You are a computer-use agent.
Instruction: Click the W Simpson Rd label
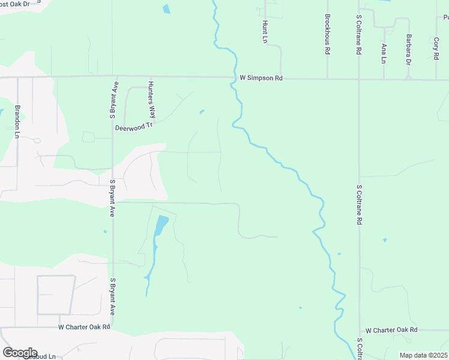coord(261,78)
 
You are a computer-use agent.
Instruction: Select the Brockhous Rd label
coord(327,35)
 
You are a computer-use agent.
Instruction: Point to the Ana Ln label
coord(384,53)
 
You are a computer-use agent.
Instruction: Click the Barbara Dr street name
coord(409,49)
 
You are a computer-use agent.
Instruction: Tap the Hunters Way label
coord(152,100)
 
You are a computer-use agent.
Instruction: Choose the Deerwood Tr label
coord(135,127)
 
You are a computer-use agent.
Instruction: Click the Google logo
coord(20,353)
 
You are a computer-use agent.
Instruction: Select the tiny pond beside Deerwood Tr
coord(201,112)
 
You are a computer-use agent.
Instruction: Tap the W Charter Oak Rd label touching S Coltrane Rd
coord(391,330)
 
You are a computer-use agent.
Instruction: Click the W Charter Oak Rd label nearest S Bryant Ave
coord(84,327)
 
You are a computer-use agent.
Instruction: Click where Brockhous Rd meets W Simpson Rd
coord(327,78)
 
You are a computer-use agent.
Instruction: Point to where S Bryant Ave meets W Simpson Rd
coord(112,77)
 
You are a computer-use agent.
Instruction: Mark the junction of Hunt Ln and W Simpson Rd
coord(280,78)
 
